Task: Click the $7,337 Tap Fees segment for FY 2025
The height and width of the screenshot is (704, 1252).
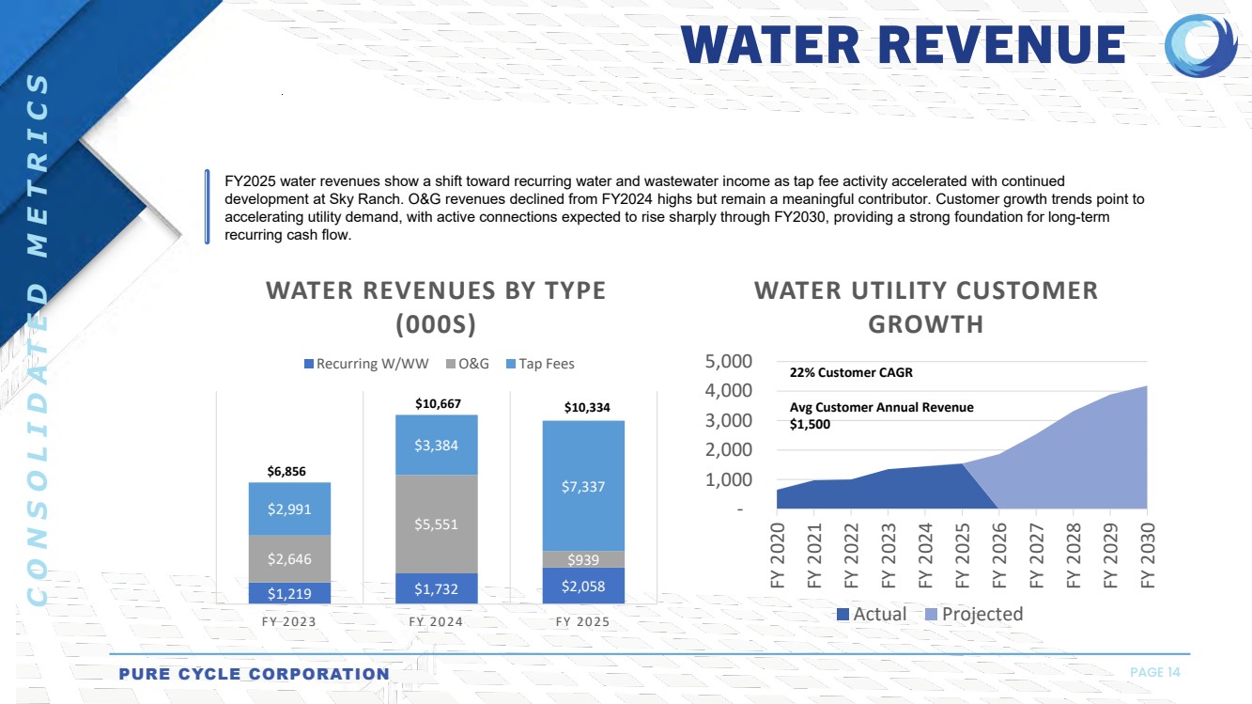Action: pos(583,486)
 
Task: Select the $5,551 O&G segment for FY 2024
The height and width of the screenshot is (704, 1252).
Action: pos(436,524)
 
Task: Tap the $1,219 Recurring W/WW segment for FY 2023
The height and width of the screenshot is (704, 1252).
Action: pos(289,593)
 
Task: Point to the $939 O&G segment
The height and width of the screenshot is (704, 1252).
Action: pos(583,559)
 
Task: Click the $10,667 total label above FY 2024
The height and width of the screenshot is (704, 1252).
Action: pos(438,403)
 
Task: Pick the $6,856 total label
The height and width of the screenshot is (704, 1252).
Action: pos(286,471)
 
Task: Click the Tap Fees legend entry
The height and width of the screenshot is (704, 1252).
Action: pos(542,364)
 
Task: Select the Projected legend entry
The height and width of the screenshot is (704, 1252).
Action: pos(972,614)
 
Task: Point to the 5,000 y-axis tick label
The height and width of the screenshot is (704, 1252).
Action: pos(728,361)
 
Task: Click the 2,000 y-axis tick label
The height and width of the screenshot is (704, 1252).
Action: pos(728,450)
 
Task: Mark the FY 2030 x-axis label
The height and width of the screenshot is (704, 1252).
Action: pos(1147,555)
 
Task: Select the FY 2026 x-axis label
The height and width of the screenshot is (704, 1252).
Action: pos(999,555)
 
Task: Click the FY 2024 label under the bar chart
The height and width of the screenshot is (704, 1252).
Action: pos(436,622)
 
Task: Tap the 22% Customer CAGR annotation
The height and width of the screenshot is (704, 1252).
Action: pos(851,372)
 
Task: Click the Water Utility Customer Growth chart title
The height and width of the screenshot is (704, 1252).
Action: pos(925,307)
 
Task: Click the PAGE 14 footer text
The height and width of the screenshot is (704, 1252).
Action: pos(1154,672)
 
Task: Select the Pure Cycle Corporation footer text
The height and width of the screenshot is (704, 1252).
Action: pos(254,674)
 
